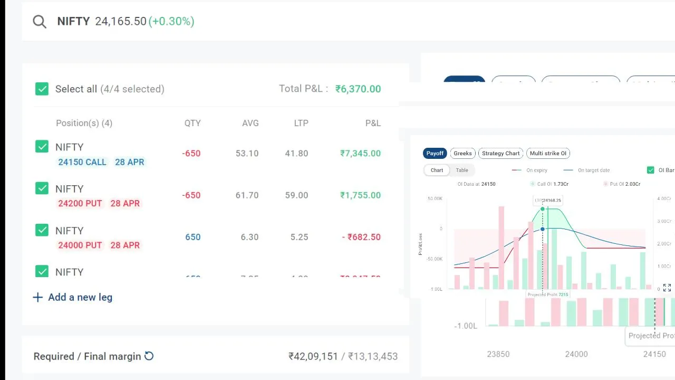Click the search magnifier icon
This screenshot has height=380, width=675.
pyautogui.click(x=40, y=22)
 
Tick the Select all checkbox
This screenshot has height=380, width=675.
pyautogui.click(x=42, y=89)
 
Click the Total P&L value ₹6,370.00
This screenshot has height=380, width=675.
pyautogui.click(x=358, y=89)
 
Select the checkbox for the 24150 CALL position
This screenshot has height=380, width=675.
pyautogui.click(x=42, y=147)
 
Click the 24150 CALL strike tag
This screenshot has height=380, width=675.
pyautogui.click(x=82, y=162)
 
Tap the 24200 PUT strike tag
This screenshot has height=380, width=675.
pyautogui.click(x=80, y=203)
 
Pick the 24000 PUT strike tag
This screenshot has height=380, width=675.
pyautogui.click(x=80, y=245)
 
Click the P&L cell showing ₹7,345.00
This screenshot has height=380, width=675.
pyautogui.click(x=360, y=153)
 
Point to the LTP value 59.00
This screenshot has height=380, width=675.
pyautogui.click(x=296, y=195)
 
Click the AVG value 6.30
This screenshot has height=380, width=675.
pyautogui.click(x=249, y=237)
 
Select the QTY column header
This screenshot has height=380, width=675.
pyautogui.click(x=192, y=123)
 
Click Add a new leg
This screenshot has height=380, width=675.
pyautogui.click(x=73, y=297)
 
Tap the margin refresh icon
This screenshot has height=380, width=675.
pyautogui.click(x=149, y=356)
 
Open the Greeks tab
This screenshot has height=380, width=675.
pyautogui.click(x=462, y=153)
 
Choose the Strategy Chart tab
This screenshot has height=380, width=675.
pyautogui.click(x=500, y=153)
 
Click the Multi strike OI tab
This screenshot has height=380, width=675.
pyautogui.click(x=548, y=153)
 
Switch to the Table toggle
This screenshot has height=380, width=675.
pyautogui.click(x=462, y=170)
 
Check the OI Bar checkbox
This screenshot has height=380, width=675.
pyautogui.click(x=651, y=170)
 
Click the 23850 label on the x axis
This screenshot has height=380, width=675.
pyautogui.click(x=498, y=354)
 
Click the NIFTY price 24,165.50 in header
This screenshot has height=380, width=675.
pyautogui.click(x=121, y=22)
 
